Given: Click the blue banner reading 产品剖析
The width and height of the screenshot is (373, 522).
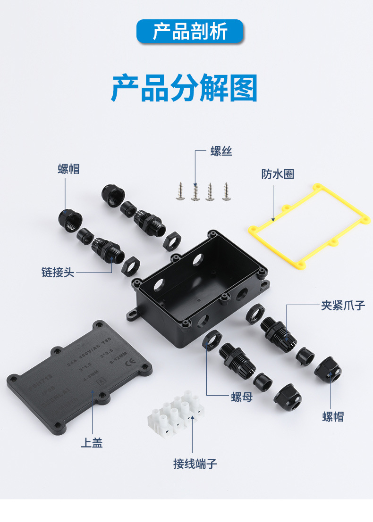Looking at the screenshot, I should point(190,32).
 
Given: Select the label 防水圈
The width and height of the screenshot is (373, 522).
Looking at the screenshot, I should point(278,174).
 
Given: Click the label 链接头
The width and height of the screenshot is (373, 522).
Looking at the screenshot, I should point(58,273).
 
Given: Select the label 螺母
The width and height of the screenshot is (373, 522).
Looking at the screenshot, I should point(242,397).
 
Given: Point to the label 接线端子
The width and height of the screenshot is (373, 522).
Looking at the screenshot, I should point(195,464).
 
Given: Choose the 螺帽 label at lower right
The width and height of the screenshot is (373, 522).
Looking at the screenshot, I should point(333,416).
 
